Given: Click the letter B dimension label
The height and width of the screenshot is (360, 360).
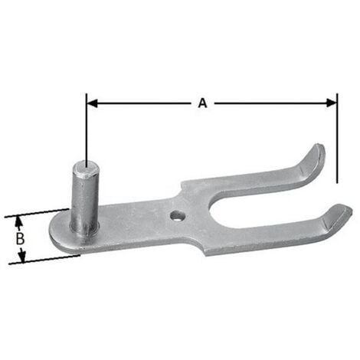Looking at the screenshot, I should [21, 237].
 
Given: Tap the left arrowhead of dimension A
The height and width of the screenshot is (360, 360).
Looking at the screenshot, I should [90, 100].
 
